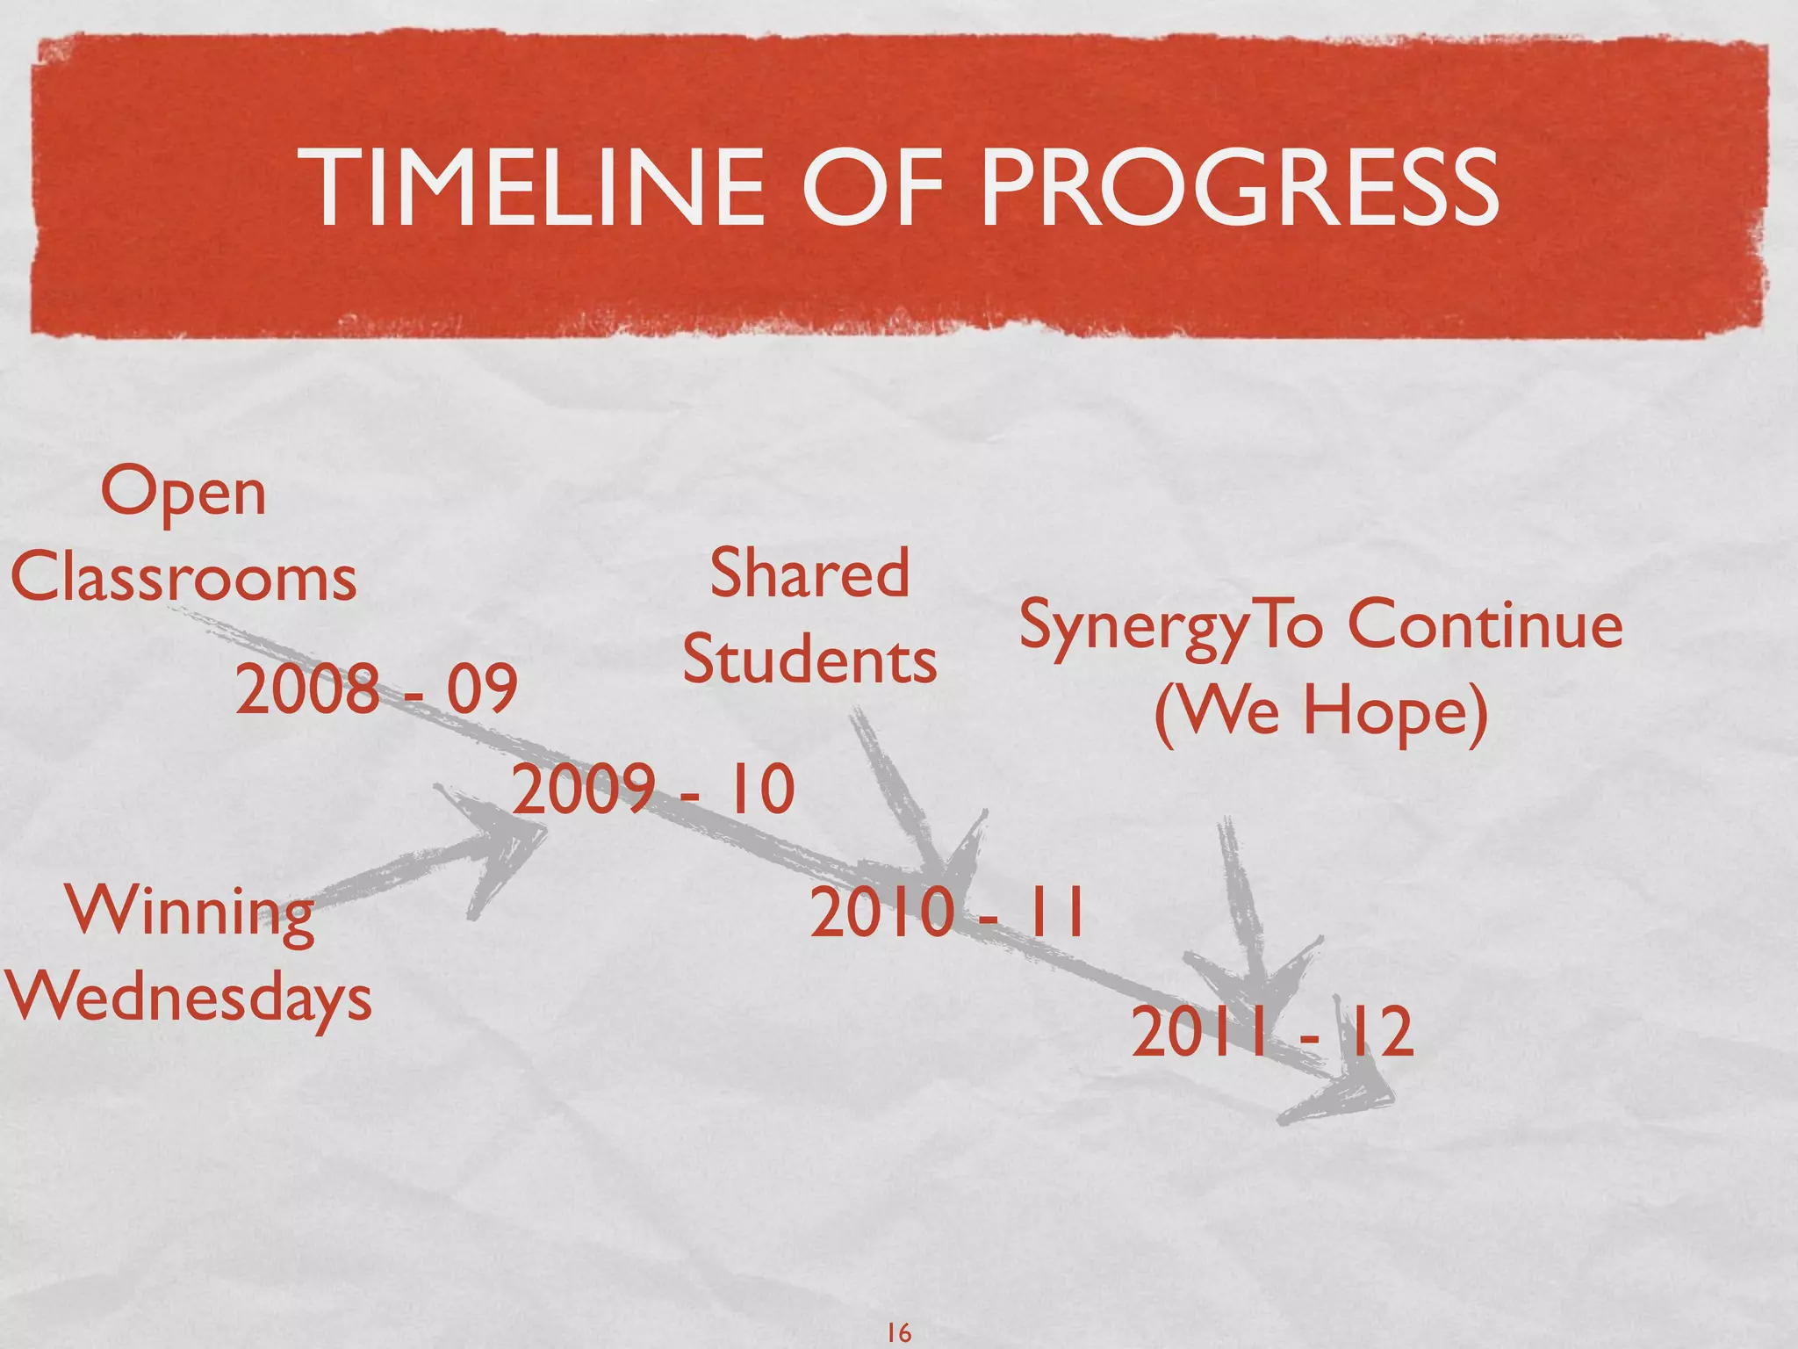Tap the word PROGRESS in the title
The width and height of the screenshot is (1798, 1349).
[x=1239, y=188]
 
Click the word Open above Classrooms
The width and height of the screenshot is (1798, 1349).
[x=183, y=494]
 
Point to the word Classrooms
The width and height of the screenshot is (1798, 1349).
[x=183, y=579]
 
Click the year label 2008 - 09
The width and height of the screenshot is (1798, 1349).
[x=377, y=689]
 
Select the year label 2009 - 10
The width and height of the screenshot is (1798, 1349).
[x=653, y=790]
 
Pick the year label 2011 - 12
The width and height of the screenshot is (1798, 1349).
[x=1272, y=1034]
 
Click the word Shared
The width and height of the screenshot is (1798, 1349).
[x=809, y=574]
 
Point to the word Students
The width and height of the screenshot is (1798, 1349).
[x=809, y=660]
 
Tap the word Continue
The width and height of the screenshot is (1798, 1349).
[x=1485, y=625]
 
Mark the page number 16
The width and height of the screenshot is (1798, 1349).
[x=899, y=1333]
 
